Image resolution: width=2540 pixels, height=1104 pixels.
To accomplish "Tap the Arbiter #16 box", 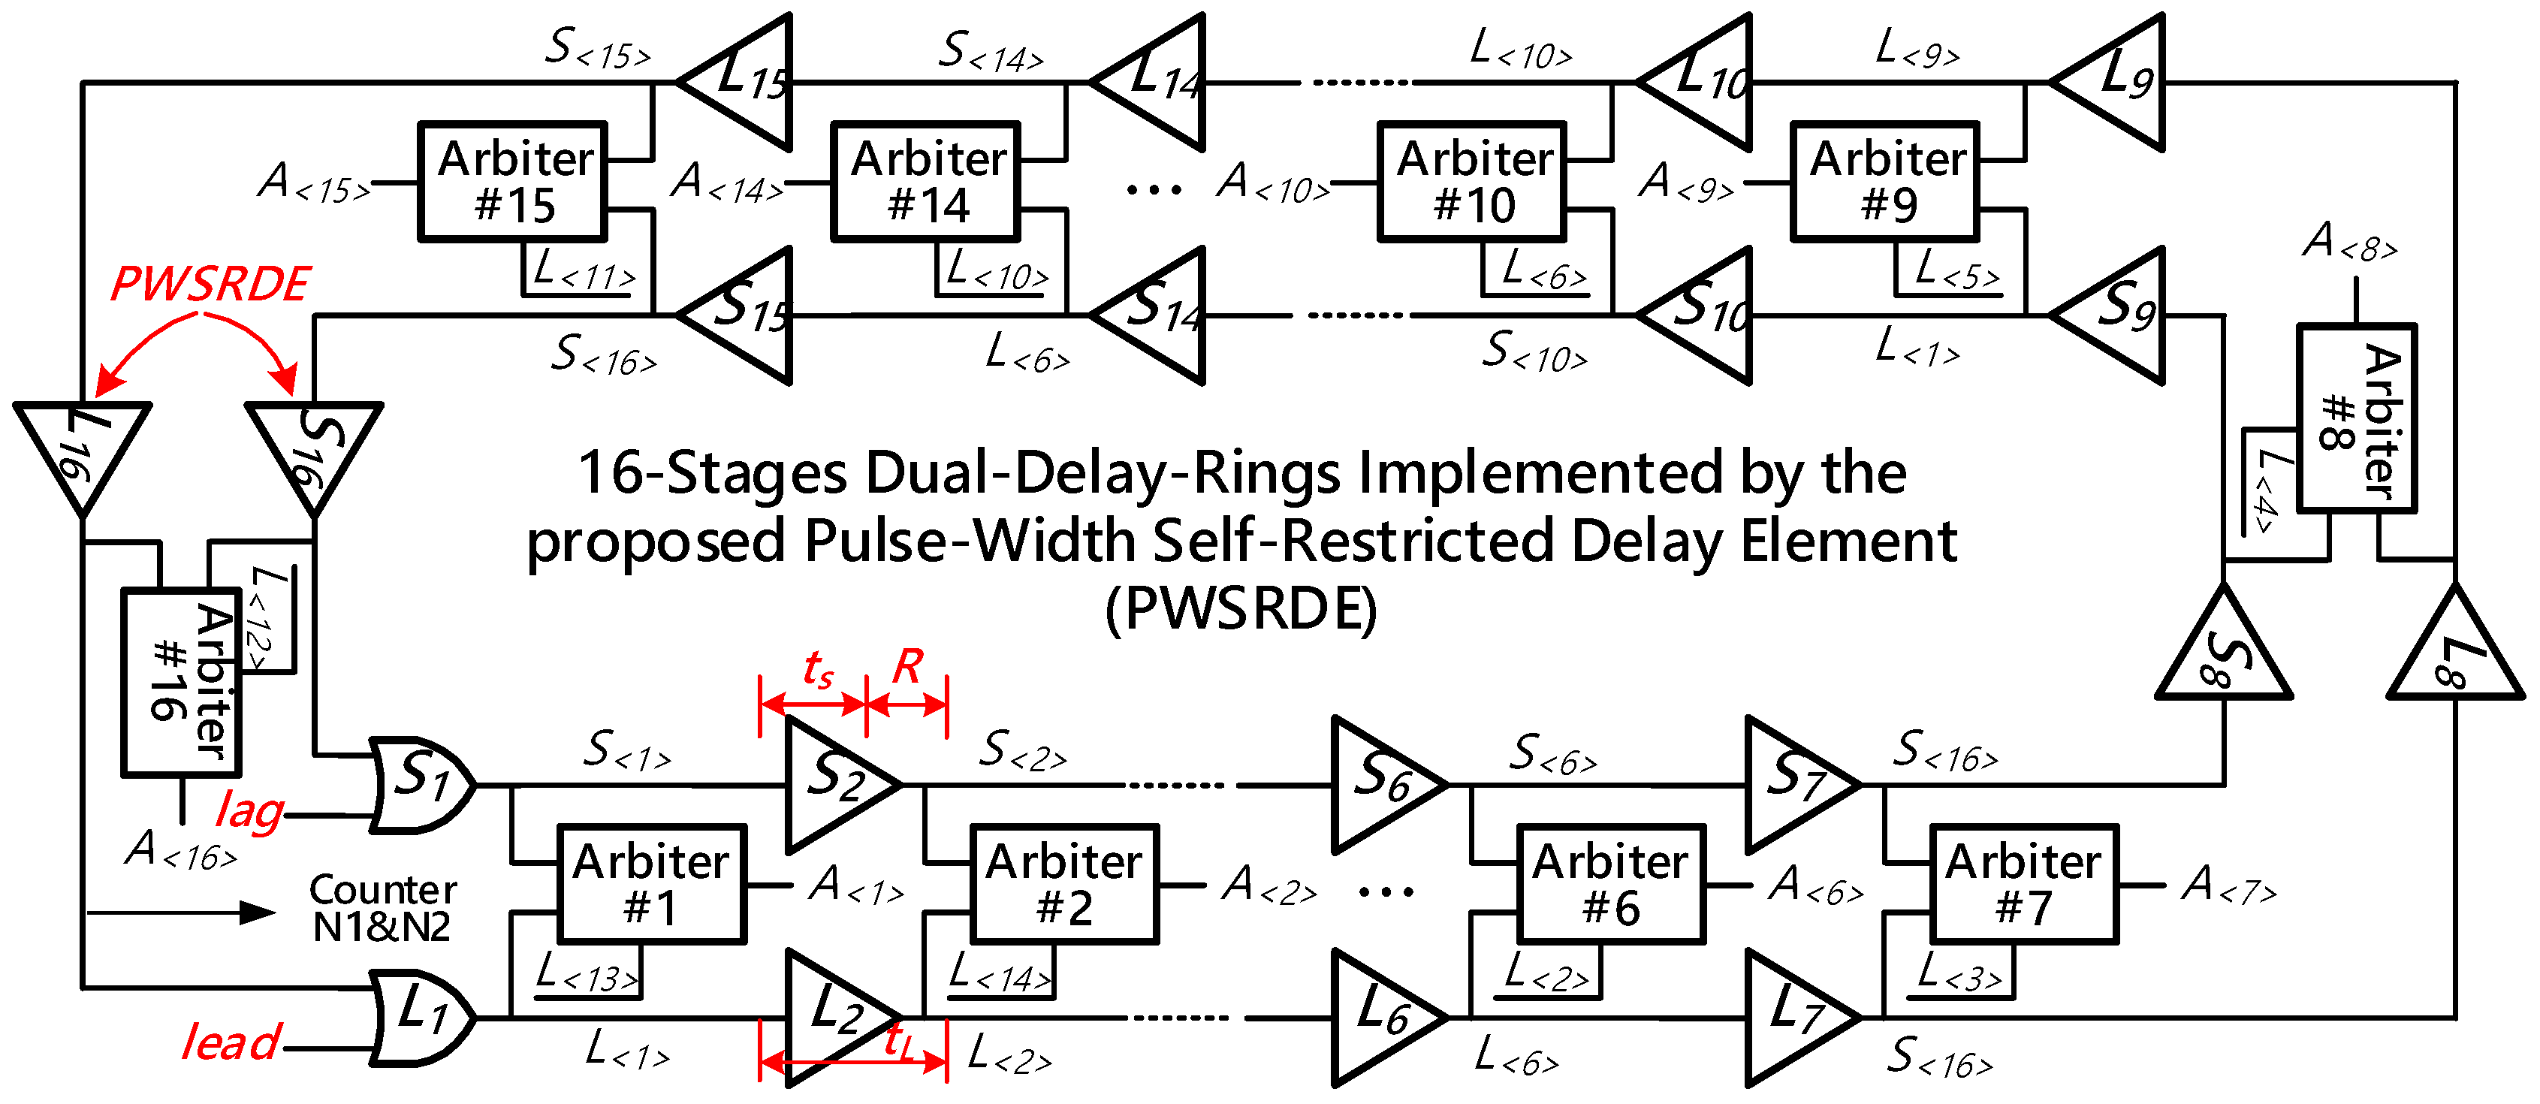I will click(x=182, y=682).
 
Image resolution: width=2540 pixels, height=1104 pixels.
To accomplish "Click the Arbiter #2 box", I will click(x=1064, y=884).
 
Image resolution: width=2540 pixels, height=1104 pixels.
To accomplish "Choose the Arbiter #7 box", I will click(x=2023, y=884).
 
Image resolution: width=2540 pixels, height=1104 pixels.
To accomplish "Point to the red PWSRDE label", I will click(x=210, y=284).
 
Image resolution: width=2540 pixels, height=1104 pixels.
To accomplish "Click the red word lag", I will click(x=250, y=813).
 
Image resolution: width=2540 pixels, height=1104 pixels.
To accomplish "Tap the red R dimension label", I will click(x=907, y=668).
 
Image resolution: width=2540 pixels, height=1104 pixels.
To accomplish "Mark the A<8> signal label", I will click(x=2350, y=242).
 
